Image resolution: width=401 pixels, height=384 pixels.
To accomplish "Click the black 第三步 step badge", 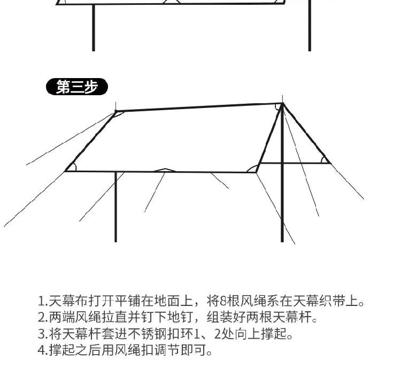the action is tap(77, 87).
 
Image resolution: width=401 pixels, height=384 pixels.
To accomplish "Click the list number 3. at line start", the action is tap(42, 334).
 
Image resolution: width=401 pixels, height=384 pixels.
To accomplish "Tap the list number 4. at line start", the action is tap(42, 350).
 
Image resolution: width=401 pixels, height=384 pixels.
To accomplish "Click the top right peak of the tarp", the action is tap(282, 103).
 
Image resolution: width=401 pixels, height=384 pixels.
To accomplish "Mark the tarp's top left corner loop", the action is tap(118, 114).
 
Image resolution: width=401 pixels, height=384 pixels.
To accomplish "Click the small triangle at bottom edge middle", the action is tap(165, 170).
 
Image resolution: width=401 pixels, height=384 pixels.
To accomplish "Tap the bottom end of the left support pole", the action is tap(115, 242).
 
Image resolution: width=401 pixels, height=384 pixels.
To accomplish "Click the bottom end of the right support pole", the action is tap(282, 242).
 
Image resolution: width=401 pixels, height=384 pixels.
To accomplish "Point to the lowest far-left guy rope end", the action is tap(4, 227).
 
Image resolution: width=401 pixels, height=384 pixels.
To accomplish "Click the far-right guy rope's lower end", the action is tap(364, 199).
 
